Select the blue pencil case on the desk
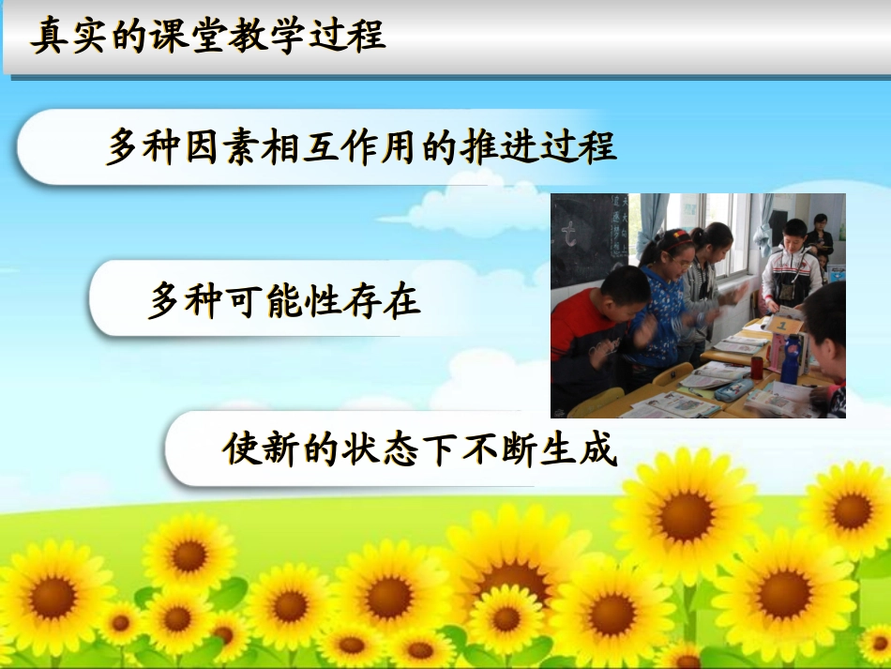click(734, 388)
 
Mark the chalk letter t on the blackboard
click(568, 237)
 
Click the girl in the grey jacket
click(703, 281)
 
